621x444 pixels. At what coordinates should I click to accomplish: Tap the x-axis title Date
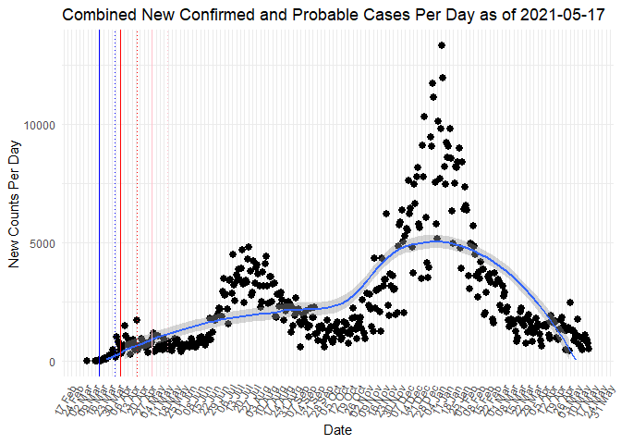click(337, 430)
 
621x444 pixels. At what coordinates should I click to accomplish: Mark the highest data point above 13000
click(442, 45)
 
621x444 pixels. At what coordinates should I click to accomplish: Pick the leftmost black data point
click(86, 361)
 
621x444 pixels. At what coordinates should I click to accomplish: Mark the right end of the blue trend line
click(575, 357)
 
